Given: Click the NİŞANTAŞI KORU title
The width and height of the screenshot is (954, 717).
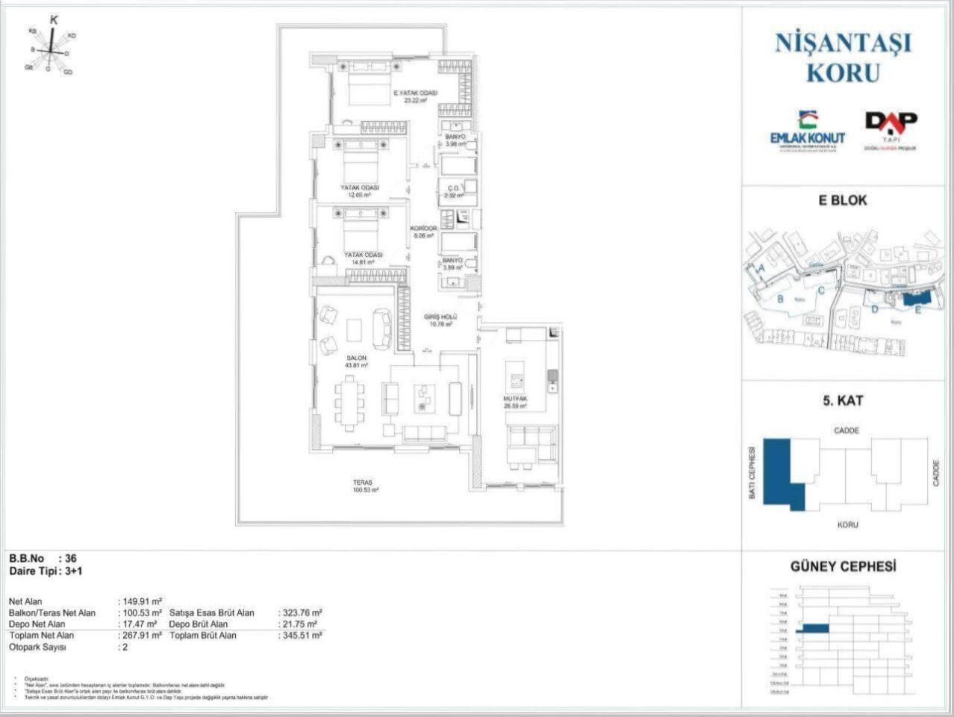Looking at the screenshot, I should (x=843, y=57).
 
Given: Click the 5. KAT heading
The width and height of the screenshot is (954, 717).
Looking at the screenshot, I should (x=843, y=400).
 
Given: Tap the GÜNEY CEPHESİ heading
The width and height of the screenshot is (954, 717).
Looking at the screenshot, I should (x=843, y=567).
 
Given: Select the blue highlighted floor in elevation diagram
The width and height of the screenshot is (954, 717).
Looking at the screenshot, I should (x=814, y=630).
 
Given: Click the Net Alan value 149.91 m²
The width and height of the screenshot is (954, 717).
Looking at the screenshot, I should (x=142, y=601).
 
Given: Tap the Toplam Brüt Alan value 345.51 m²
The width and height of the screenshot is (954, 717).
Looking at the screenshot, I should (x=302, y=636).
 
